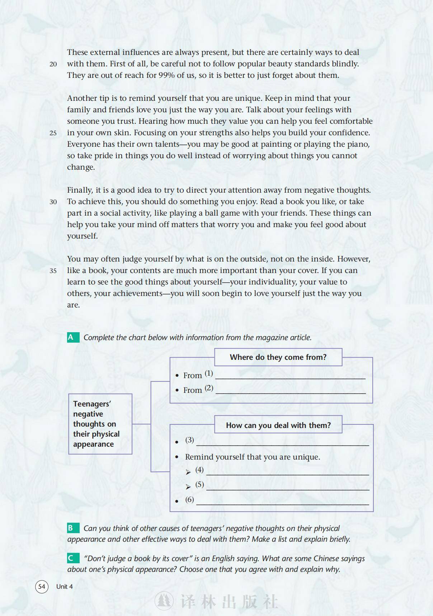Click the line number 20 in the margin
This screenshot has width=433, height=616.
(x=53, y=64)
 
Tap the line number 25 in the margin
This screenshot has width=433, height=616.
(x=53, y=133)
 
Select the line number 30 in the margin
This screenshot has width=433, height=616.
(x=53, y=202)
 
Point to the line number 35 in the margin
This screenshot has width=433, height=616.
(x=53, y=271)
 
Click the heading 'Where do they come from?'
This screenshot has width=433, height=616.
(x=278, y=357)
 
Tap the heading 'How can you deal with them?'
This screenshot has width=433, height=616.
(x=278, y=425)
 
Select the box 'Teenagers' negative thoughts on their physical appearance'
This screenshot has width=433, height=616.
(x=100, y=424)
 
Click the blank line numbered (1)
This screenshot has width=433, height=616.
(x=290, y=375)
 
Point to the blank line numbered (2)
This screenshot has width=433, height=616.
(x=290, y=390)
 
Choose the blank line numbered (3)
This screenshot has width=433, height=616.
(x=282, y=442)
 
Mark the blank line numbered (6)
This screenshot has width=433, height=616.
(x=282, y=501)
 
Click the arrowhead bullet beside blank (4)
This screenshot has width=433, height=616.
(x=188, y=472)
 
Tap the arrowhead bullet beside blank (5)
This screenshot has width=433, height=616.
(x=188, y=487)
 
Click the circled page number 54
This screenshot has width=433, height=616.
(x=42, y=587)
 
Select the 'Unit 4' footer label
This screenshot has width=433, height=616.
(x=65, y=587)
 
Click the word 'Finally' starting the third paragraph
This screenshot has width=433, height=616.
(x=80, y=190)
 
